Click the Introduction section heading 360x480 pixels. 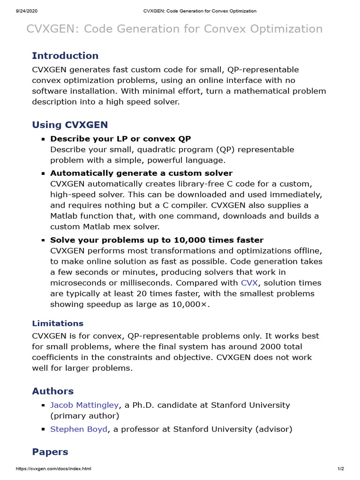coord(65,56)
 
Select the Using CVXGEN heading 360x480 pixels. coord(70,125)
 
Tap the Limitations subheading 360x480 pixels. coord(58,323)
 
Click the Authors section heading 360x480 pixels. coord(52,391)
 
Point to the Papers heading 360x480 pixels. coord(50,452)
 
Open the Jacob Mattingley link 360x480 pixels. coord(85,405)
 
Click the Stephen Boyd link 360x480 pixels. coord(79,429)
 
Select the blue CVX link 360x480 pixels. coord(249,283)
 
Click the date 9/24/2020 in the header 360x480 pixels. coord(16,11)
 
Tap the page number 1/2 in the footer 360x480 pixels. coord(341,469)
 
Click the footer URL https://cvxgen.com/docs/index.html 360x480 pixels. coord(53,469)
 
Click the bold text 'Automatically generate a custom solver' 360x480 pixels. coord(141,173)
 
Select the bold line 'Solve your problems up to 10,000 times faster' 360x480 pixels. coord(157,240)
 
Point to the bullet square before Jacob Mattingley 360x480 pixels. coord(43,405)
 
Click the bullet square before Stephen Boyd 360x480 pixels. coord(43,429)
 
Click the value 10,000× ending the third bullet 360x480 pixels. coord(190,304)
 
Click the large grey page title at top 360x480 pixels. coord(174,29)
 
